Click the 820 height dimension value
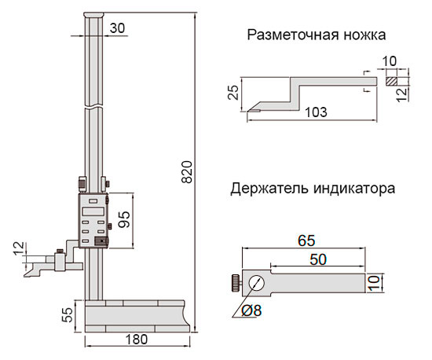tap(187, 172)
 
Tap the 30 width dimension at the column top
tap(117, 28)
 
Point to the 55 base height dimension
tap(68, 315)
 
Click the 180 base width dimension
tap(137, 340)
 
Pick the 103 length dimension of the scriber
tap(316, 112)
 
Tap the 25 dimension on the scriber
tap(233, 92)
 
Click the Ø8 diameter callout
tap(251, 311)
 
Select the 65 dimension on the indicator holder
tap(306, 241)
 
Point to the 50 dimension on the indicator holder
tap(318, 259)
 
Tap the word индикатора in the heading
tap(354, 189)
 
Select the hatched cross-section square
tap(391, 81)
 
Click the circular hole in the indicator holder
tap(256, 283)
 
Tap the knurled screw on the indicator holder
tap(236, 283)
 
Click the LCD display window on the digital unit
tap(93, 211)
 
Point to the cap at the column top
tap(94, 15)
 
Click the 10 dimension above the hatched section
tap(390, 61)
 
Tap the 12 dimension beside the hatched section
tap(402, 95)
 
